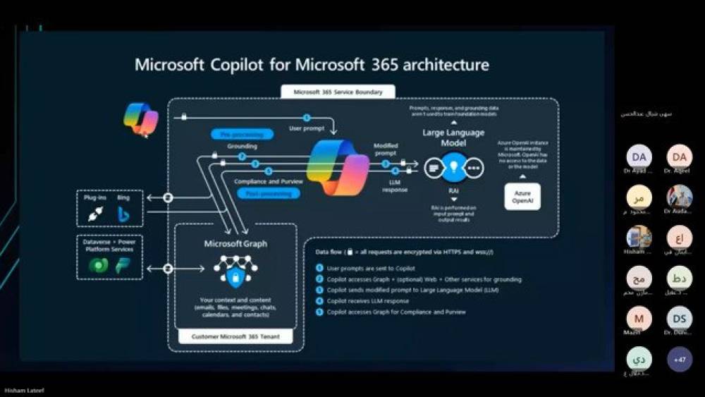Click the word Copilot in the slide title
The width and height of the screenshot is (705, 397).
[248, 66]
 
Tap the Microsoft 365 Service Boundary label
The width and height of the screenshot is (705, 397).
[338, 92]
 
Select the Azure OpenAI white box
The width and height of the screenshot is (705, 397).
[522, 197]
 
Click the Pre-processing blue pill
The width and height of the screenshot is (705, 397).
[241, 134]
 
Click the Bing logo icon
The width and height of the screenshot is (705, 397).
[123, 214]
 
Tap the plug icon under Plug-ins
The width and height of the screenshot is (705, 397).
[94, 214]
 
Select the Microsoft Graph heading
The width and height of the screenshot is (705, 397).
[235, 244]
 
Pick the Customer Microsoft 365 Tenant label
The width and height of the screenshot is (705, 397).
[235, 337]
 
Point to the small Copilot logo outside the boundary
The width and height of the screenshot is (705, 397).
[140, 118]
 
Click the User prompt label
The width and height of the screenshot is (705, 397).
[307, 128]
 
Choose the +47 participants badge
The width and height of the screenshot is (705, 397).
[680, 359]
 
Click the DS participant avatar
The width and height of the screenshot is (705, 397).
[680, 318]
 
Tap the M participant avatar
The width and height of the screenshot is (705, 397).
[639, 318]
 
